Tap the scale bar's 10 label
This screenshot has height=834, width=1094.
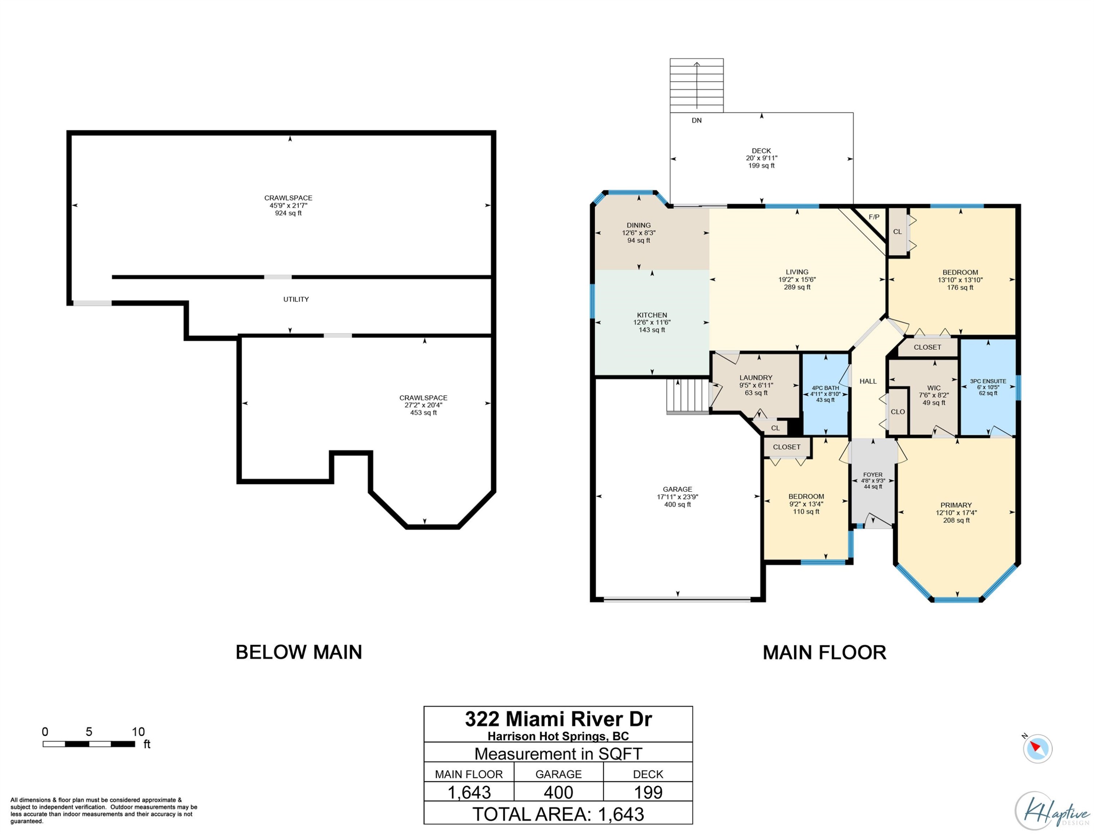tap(138, 731)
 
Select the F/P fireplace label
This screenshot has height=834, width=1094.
tap(874, 217)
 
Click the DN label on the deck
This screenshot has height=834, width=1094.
tap(697, 120)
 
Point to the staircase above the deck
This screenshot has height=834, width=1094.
tap(697, 85)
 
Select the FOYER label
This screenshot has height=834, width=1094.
tap(873, 474)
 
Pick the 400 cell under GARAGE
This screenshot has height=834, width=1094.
tap(558, 792)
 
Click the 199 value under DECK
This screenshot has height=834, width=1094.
tap(648, 792)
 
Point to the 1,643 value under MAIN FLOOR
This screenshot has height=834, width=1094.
tap(469, 793)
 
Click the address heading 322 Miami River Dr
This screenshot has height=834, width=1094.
tap(558, 719)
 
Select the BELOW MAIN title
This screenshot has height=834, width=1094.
tap(299, 652)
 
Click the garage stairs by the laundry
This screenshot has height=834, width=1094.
tap(687, 396)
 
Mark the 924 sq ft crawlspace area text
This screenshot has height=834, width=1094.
tap(288, 213)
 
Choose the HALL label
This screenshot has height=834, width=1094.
tap(868, 381)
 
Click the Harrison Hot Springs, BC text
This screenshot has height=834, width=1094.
tap(558, 736)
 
